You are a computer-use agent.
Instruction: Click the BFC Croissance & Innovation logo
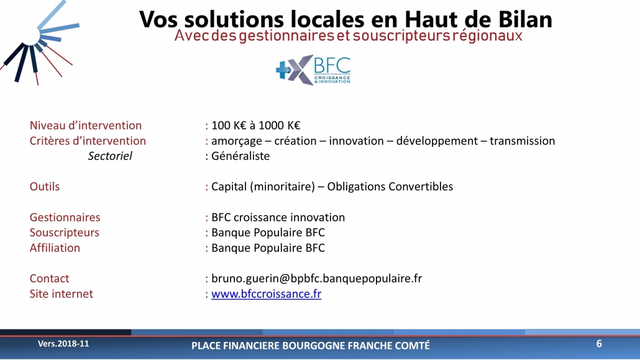click(313, 70)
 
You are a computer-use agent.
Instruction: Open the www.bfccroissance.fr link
click(266, 294)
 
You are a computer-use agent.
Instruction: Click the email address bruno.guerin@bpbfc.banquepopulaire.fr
click(316, 279)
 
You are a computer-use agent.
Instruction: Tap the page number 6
click(599, 344)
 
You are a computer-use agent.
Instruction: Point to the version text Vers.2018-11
click(63, 344)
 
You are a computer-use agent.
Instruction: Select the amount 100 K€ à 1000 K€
click(255, 126)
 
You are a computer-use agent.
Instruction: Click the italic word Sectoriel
click(110, 155)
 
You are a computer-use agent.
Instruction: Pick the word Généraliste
click(240, 155)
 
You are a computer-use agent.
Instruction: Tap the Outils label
click(45, 187)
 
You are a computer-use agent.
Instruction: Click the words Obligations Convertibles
click(390, 187)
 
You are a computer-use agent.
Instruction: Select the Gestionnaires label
click(65, 217)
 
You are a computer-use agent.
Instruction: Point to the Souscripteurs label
click(65, 233)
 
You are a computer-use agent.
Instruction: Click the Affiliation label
click(55, 247)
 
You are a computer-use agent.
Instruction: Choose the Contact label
click(49, 279)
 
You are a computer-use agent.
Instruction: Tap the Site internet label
click(62, 294)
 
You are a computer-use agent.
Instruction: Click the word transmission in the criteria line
click(523, 141)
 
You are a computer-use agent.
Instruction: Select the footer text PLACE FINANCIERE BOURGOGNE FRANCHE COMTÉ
click(311, 346)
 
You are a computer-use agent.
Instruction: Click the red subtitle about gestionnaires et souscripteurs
click(348, 36)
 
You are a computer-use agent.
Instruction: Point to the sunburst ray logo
click(39, 42)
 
